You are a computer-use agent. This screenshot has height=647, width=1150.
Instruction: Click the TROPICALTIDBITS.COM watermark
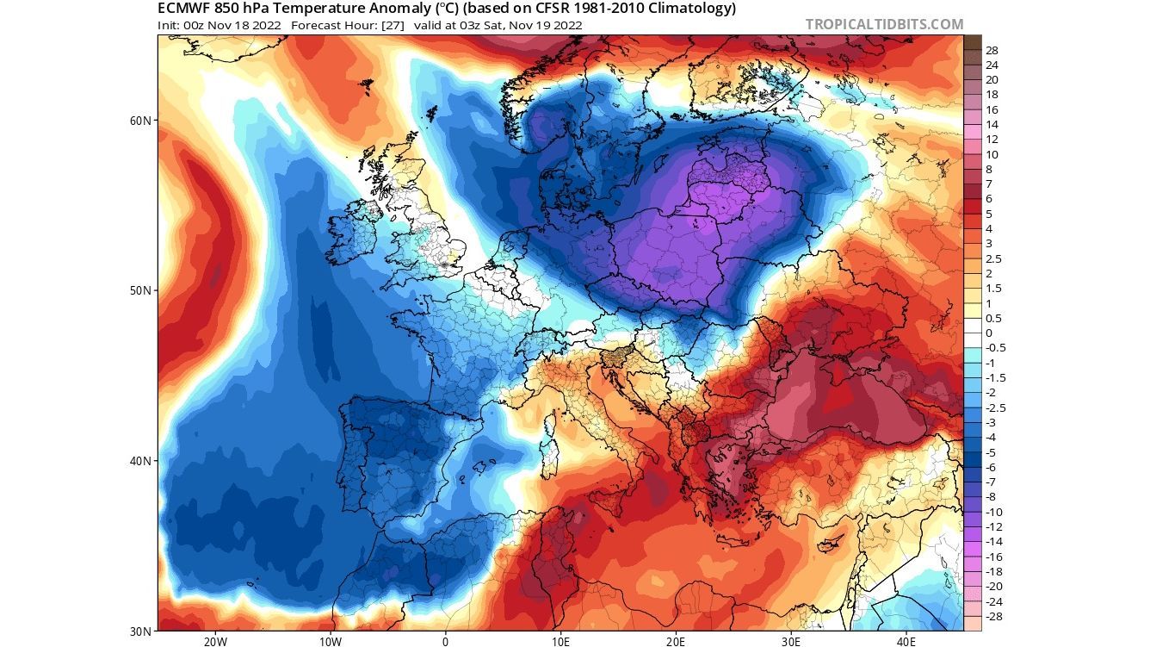pos(884,24)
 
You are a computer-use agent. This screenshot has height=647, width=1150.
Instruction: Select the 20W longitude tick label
pos(215,640)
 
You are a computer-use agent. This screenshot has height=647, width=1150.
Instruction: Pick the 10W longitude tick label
pos(330,640)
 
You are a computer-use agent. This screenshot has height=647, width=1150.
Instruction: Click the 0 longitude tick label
pos(445,640)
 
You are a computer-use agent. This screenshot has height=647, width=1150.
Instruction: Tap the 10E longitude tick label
pos(560,640)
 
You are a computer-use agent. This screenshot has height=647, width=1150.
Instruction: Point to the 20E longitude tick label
pos(676,640)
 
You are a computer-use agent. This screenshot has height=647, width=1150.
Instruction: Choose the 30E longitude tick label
pos(791,640)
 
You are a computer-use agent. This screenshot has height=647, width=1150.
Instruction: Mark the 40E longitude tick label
pos(906,640)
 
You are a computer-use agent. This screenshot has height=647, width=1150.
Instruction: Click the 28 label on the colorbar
pos(992,51)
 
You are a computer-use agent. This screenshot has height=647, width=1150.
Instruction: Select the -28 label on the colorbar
pos(993,616)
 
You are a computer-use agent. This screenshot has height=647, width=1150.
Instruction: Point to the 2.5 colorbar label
pos(993,258)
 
